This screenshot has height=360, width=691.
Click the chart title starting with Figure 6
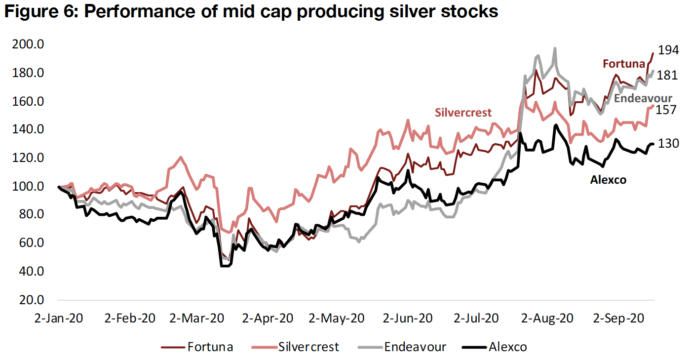click(x=250, y=12)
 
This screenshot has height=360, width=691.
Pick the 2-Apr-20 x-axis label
click(x=268, y=318)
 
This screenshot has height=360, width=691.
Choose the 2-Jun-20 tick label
click(x=408, y=318)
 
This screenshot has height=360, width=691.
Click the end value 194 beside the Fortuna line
click(x=668, y=49)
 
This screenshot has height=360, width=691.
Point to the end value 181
click(x=668, y=76)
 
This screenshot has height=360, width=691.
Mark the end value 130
click(x=668, y=143)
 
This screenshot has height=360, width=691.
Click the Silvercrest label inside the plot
click(x=463, y=113)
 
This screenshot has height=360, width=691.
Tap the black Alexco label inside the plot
click(x=608, y=180)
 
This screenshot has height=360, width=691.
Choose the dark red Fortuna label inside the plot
click(x=623, y=64)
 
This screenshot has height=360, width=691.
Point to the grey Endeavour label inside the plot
click(x=643, y=98)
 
